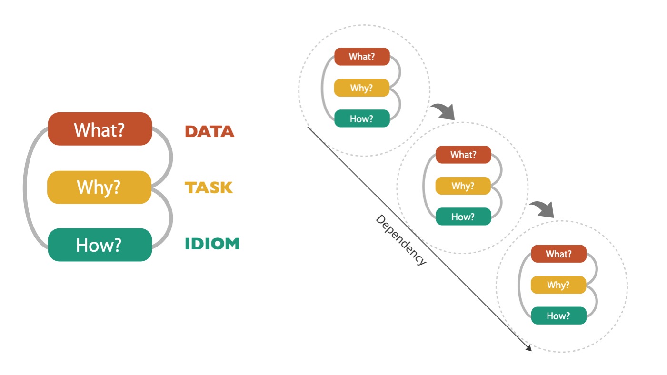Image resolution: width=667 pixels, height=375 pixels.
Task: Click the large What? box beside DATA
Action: (100, 129)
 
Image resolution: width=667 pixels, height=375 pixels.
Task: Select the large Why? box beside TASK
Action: (99, 187)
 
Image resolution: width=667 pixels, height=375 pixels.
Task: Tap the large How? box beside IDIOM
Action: (99, 245)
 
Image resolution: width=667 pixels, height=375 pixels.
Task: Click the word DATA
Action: (209, 131)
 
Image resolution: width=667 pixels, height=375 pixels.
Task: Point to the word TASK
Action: (209, 188)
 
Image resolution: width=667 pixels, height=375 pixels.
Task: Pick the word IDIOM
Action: (212, 244)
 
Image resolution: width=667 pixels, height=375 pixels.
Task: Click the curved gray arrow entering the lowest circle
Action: (543, 208)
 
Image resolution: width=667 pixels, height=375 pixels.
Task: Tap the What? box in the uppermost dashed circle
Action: (362, 57)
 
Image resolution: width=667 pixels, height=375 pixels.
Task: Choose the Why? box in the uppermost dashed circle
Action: (361, 88)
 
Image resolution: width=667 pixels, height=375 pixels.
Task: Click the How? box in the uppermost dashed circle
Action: (362, 119)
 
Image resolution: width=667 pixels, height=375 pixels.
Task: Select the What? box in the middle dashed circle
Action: (463, 155)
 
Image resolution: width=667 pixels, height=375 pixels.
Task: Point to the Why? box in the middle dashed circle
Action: (463, 186)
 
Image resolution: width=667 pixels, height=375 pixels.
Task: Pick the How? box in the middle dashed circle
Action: (463, 217)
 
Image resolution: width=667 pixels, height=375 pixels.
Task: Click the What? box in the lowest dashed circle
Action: (558, 254)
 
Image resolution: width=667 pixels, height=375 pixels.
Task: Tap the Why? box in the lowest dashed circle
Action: (558, 285)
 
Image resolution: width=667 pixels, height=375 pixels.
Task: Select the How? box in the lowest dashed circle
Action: (558, 316)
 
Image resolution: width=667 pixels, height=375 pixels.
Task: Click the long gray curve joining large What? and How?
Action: (25, 187)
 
